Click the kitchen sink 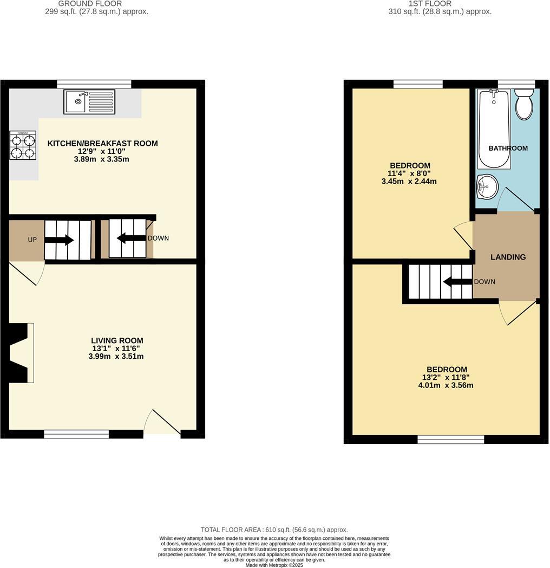click(89, 101)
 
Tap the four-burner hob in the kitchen click(23, 145)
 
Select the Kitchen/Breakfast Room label click(103, 144)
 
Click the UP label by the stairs click(32, 240)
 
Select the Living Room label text click(117, 340)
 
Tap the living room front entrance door click(162, 423)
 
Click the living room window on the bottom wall click(76, 434)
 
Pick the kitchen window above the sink click(94, 83)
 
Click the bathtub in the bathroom click(494, 129)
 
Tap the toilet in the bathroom click(524, 105)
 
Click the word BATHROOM click(508, 148)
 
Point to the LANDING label click(508, 257)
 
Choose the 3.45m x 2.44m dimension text click(409, 182)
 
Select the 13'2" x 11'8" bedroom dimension click(446, 378)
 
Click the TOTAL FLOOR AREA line click(274, 530)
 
